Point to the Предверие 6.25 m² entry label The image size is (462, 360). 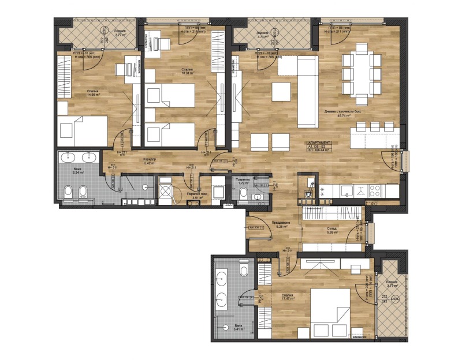point(279,225)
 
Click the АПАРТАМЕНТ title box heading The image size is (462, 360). point(319,142)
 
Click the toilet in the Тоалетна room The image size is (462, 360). point(243,196)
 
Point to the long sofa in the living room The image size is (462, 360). point(307,92)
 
